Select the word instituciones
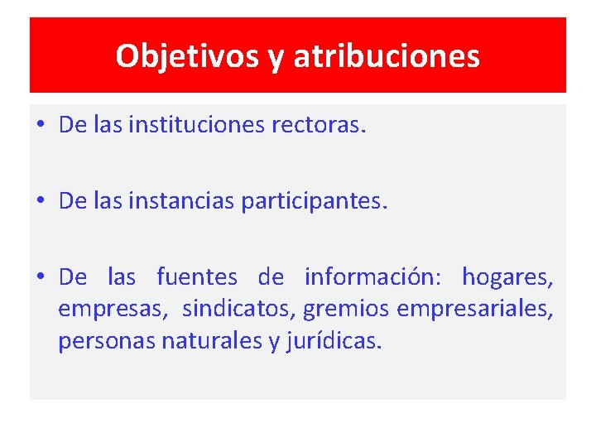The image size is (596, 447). tap(197, 126)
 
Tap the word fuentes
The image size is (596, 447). tap(196, 276)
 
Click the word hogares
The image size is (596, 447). tap(507, 276)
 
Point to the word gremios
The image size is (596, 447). tap(347, 309)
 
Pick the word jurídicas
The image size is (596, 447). tap(334, 341)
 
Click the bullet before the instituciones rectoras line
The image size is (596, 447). tap(41, 127)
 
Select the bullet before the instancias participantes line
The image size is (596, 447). tap(41, 202)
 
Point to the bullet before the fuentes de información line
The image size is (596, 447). tap(41, 276)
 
